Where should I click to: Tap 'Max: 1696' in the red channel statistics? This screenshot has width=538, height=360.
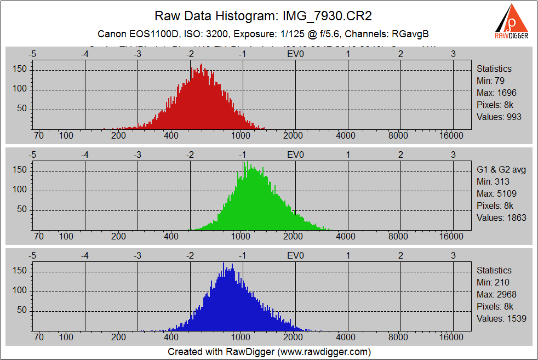tap(496, 93)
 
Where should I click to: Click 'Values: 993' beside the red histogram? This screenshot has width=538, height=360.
tap(499, 117)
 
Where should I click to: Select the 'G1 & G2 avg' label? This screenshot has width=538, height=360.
tap(501, 169)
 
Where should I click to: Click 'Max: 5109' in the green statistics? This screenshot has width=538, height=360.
tap(496, 193)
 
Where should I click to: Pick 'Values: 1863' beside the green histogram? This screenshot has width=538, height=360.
tap(501, 218)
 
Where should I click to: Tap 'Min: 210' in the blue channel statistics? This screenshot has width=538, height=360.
tap(493, 282)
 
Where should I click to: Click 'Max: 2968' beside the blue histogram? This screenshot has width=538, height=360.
tap(496, 294)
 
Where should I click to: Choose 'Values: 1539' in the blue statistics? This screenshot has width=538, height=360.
tap(501, 318)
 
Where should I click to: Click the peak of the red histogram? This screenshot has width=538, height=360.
tap(202, 65)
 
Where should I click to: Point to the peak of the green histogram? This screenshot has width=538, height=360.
tap(243, 162)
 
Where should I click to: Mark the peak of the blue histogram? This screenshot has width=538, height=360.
tap(224, 264)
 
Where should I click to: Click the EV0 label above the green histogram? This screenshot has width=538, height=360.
tap(295, 155)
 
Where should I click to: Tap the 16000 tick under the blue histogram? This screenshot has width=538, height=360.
tap(453, 337)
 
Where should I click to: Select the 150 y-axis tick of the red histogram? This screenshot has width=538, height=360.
tap(20, 70)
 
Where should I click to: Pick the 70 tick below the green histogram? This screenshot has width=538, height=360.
tap(39, 236)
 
